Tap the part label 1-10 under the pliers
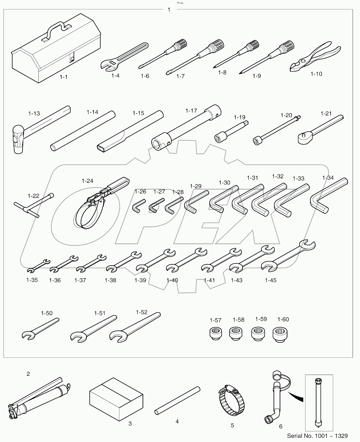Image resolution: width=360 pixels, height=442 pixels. (x=316, y=74)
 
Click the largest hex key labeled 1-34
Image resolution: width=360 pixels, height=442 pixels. (x=327, y=197)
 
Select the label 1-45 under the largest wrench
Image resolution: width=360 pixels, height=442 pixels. (x=271, y=280)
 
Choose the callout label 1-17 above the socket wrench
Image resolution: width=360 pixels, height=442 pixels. (x=191, y=111)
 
